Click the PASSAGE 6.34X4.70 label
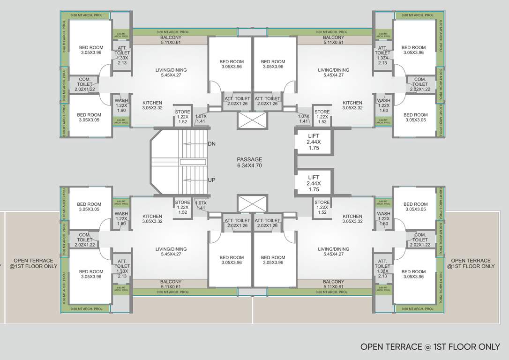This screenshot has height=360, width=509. (249, 162)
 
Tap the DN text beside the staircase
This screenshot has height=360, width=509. (211, 144)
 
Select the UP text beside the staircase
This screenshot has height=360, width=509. (211, 180)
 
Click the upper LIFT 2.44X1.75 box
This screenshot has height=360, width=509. (314, 142)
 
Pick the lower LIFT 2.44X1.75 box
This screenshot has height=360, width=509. (314, 183)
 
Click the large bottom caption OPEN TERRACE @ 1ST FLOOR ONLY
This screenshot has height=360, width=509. (430, 347)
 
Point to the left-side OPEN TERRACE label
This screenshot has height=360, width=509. (33, 263)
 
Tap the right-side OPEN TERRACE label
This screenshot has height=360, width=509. (471, 263)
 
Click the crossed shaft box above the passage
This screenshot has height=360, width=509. (252, 120)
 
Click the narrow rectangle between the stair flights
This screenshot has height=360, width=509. (193, 162)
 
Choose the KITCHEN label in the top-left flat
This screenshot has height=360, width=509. (152, 105)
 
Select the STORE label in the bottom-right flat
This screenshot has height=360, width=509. (322, 207)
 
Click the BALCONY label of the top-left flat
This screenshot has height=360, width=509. (171, 40)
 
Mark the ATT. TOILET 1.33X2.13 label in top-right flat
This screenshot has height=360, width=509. (382, 55)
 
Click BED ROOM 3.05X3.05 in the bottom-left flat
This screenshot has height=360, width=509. (89, 207)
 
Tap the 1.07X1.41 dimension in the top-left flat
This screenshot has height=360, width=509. (201, 119)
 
